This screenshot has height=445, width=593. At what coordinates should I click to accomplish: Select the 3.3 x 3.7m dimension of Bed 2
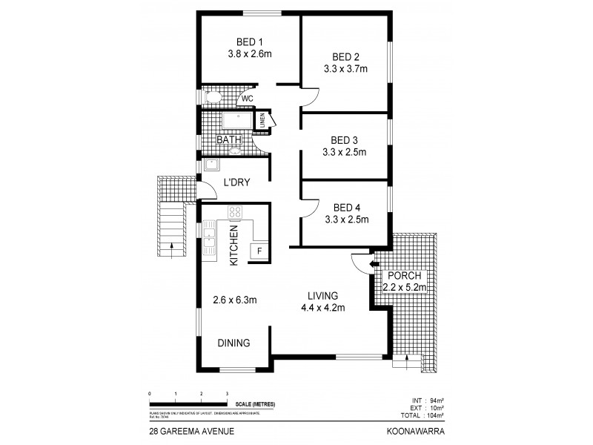(346, 69)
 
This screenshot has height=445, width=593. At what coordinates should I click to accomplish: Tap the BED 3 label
(345, 139)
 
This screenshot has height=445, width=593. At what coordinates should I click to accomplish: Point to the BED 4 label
(346, 207)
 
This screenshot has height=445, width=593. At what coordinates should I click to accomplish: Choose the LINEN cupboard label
(262, 120)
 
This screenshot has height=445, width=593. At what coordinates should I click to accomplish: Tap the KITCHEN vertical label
(233, 246)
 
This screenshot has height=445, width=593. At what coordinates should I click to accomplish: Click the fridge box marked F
(259, 251)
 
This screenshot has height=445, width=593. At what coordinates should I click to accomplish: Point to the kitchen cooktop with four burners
(236, 213)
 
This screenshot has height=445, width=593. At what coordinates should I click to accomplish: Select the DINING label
(233, 343)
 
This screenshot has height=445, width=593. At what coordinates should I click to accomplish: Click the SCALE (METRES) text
(255, 403)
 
